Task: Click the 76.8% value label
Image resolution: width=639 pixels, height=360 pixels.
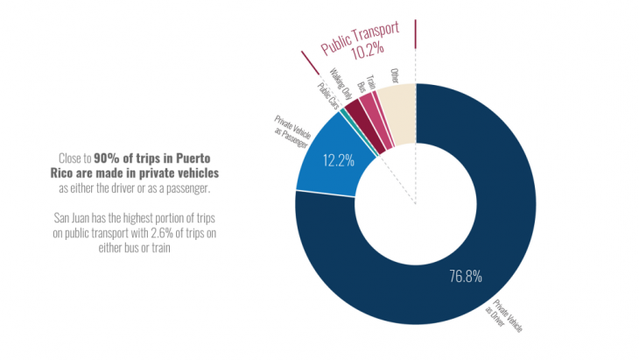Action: pos(466,277)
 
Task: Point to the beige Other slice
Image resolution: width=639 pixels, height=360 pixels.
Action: pos(399,114)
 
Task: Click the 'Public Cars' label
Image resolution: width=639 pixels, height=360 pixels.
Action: pos(325,95)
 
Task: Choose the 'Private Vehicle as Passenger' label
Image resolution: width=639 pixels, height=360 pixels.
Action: pos(289,131)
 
